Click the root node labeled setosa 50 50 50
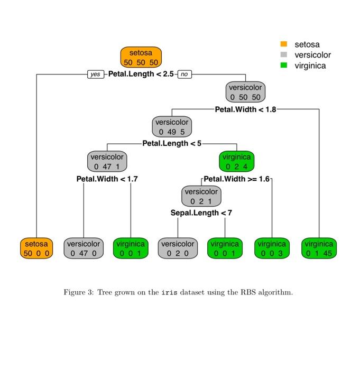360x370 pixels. point(141,57)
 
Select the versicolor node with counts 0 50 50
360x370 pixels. point(245,92)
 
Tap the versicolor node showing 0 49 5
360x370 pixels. point(171,126)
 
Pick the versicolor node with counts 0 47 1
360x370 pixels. point(107,161)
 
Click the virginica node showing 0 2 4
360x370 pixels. point(236,161)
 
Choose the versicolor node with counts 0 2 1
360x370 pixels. point(201,196)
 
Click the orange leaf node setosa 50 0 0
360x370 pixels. point(36,248)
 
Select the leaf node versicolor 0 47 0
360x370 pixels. point(84,248)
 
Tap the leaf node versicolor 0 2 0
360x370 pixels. point(178,248)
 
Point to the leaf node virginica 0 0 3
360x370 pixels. point(271,248)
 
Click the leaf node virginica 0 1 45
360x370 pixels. point(319,248)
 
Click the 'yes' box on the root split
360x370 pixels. point(95,75)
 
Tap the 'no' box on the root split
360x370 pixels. point(184,75)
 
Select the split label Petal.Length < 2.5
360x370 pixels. point(141,74)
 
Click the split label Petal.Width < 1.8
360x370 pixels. point(245,109)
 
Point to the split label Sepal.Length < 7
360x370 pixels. point(201,213)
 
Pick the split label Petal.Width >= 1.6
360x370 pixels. point(236,179)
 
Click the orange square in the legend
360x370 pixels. point(283,44)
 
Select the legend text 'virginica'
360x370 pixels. point(310,66)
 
